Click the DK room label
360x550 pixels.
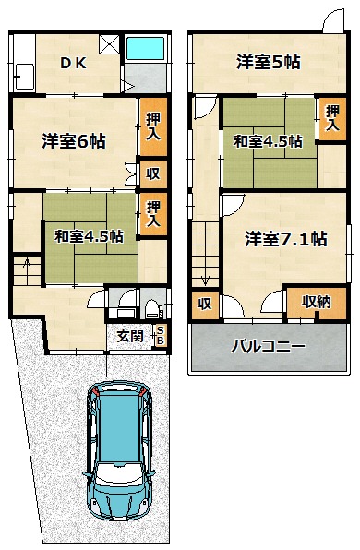coord(73,63)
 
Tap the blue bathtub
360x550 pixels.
coord(145,48)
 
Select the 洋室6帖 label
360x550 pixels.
coord(74,141)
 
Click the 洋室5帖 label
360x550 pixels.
coord(269,62)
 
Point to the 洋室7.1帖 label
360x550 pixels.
coord(286,239)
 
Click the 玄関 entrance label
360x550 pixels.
coord(130,337)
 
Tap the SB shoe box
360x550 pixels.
coord(160,335)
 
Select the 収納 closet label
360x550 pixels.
coord(317,302)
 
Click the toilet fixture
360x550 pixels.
coord(152,308)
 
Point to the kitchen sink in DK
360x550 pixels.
coord(25,77)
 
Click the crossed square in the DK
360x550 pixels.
coord(109,44)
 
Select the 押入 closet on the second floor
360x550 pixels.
coord(332,118)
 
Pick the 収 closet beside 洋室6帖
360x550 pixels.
coord(153,173)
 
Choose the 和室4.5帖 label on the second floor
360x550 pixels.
coord(268,142)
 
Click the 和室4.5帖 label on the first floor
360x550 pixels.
coord(89,236)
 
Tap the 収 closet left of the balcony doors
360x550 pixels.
coord(205,304)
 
